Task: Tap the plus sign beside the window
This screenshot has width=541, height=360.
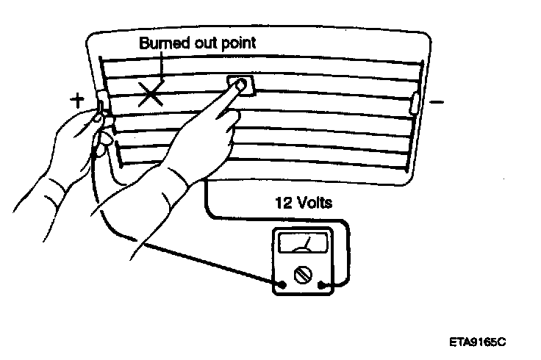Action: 78,101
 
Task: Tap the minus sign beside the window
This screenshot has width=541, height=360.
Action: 436,103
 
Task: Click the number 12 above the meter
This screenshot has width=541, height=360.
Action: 283,202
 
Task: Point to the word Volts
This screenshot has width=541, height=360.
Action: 315,202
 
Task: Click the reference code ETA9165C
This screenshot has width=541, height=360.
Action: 479,342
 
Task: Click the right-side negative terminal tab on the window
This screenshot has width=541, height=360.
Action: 415,102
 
